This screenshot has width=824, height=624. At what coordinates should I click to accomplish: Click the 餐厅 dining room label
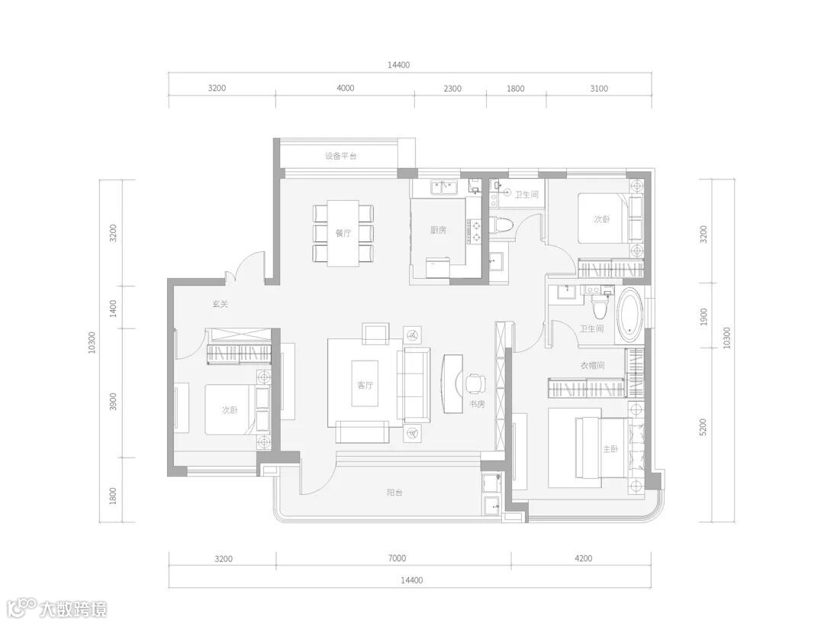pyautogui.click(x=343, y=233)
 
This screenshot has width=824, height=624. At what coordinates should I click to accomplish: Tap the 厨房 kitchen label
pyautogui.click(x=438, y=230)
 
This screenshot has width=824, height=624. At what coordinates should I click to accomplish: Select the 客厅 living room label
pyautogui.click(x=365, y=385)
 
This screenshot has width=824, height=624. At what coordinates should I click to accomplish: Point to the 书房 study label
pyautogui.click(x=477, y=404)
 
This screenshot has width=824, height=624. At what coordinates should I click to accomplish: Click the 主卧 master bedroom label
pyautogui.click(x=610, y=449)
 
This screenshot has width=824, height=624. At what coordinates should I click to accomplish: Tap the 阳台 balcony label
pyautogui.click(x=394, y=493)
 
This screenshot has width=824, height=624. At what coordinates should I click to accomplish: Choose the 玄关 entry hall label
pyautogui.click(x=220, y=303)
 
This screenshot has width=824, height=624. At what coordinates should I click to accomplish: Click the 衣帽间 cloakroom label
pyautogui.click(x=592, y=365)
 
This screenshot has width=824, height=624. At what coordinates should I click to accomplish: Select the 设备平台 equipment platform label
pyautogui.click(x=340, y=157)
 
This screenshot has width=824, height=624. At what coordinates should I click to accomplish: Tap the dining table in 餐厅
pyautogui.click(x=343, y=233)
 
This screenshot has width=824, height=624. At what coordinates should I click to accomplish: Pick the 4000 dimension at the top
pyautogui.click(x=346, y=88)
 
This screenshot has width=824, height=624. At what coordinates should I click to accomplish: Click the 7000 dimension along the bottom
pyautogui.click(x=398, y=558)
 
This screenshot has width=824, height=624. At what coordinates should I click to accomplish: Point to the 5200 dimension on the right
pyautogui.click(x=703, y=427)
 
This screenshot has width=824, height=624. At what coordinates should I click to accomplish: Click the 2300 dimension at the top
pyautogui.click(x=452, y=88)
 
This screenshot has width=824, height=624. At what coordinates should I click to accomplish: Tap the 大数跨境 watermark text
pyautogui.click(x=73, y=609)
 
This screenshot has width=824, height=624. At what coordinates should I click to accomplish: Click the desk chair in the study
pyautogui.click(x=475, y=383)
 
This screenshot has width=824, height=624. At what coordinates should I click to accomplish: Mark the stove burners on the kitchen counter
pyautogui.click(x=476, y=231)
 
